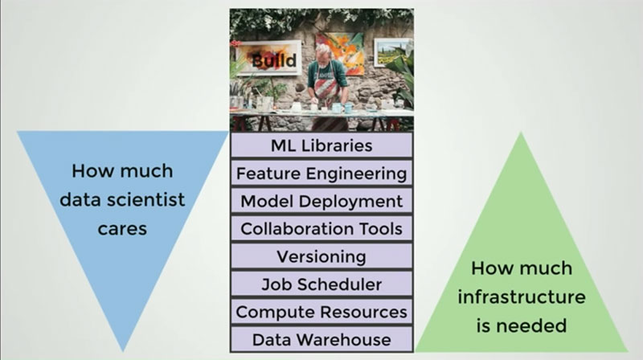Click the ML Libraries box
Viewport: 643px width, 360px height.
point(321,145)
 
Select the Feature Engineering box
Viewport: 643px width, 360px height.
point(321,173)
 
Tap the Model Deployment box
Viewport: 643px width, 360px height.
point(321,201)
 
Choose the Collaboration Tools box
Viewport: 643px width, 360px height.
point(321,228)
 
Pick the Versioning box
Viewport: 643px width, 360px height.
point(321,256)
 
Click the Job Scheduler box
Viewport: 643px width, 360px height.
point(321,284)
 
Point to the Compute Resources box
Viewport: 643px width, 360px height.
point(321,312)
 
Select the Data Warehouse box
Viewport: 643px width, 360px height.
point(321,339)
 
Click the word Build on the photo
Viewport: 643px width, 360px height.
point(274,60)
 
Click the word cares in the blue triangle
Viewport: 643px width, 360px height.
point(122,229)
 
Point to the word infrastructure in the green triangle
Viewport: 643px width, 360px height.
point(522,297)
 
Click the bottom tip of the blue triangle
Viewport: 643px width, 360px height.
point(123,351)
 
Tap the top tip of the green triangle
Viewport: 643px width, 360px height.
point(521,133)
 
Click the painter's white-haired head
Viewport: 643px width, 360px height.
point(323,51)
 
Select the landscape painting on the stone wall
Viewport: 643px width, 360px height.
point(392,51)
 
